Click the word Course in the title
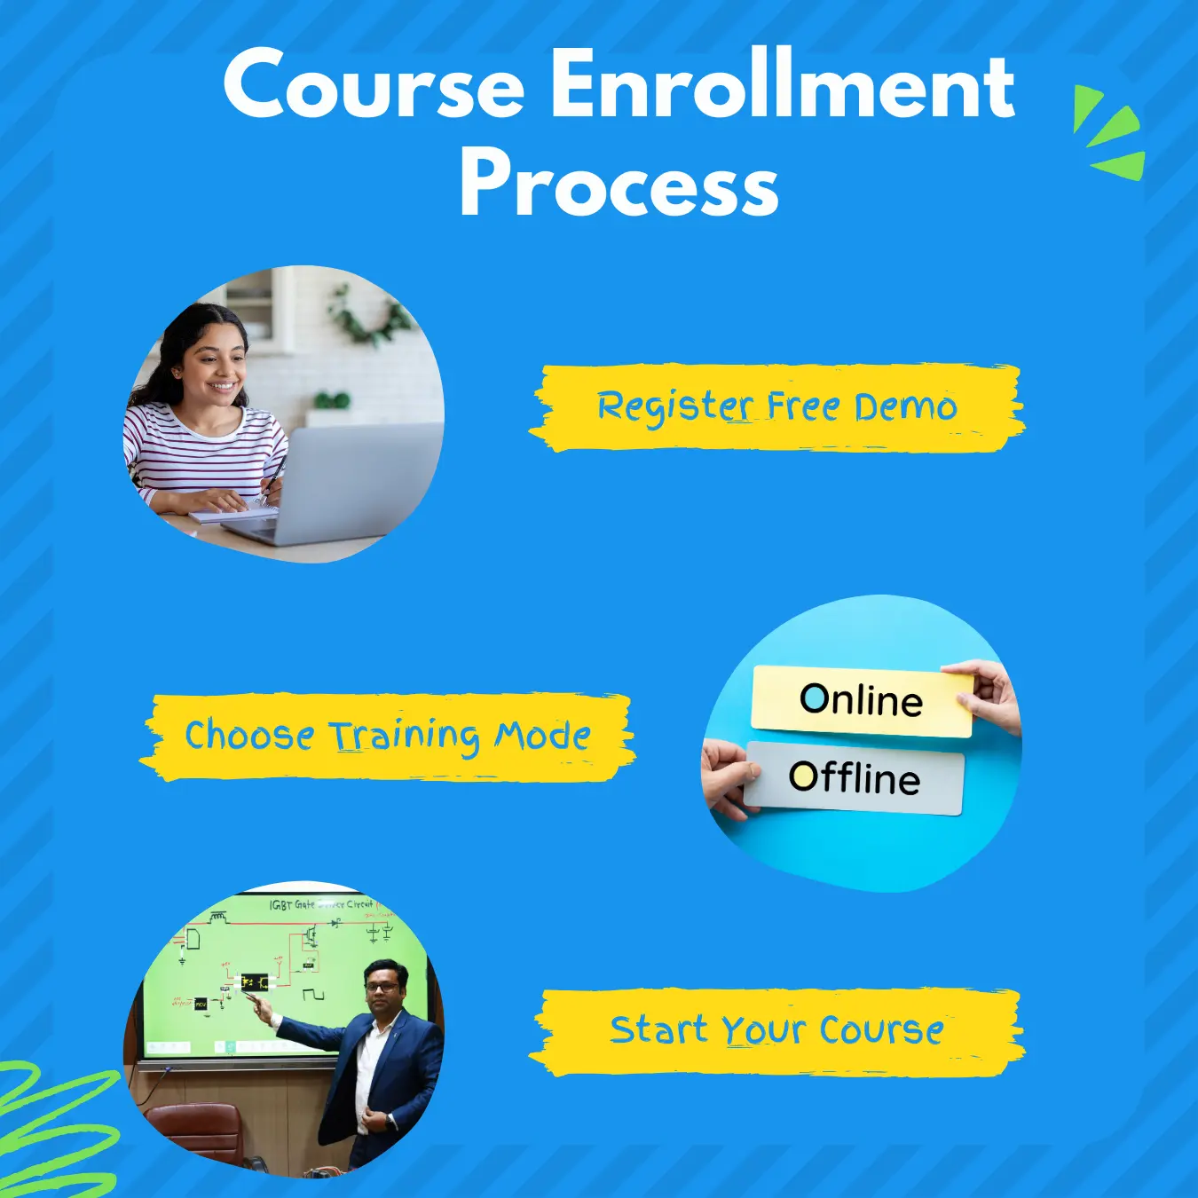pos(374,85)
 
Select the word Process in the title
pos(619,185)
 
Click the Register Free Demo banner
pos(776,407)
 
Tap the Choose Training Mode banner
pos(388,737)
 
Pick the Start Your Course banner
pos(776,1031)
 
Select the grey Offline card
pos(854,778)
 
